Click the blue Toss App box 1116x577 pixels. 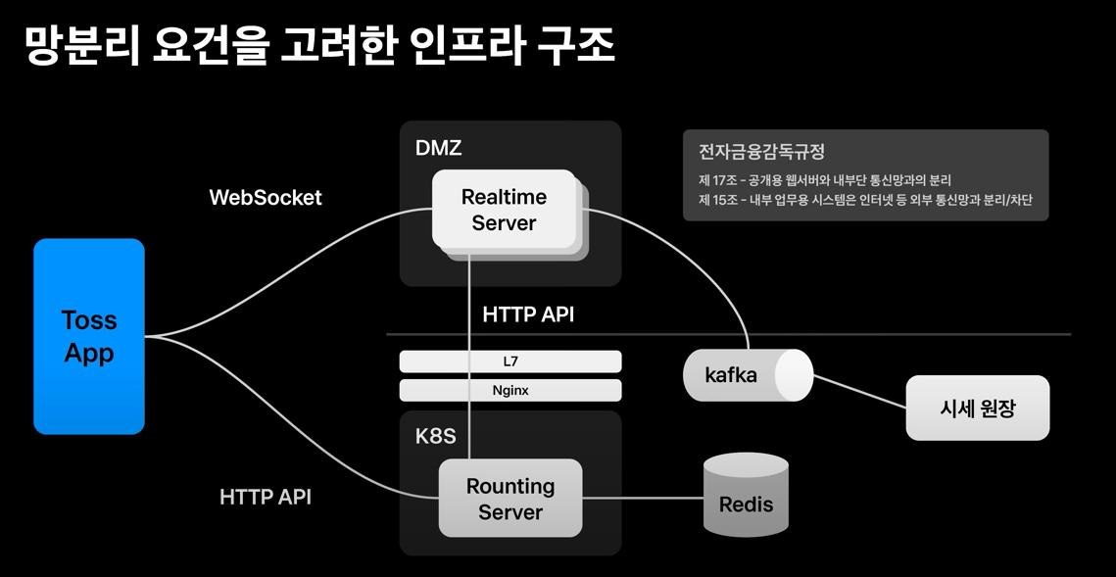89,336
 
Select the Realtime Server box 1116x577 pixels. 504,210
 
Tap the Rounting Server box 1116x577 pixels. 510,498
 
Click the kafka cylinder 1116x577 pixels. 748,374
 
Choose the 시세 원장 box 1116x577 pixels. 977,408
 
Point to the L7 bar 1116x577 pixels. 510,361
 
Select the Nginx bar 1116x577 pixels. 510,391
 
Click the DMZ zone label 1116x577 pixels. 438,148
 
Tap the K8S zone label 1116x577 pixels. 436,436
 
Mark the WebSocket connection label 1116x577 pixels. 266,197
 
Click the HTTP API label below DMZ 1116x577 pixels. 528,314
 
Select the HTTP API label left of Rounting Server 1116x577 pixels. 266,497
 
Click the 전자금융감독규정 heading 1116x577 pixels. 761,152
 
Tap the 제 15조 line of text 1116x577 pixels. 865,199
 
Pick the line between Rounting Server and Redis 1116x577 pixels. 643,498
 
